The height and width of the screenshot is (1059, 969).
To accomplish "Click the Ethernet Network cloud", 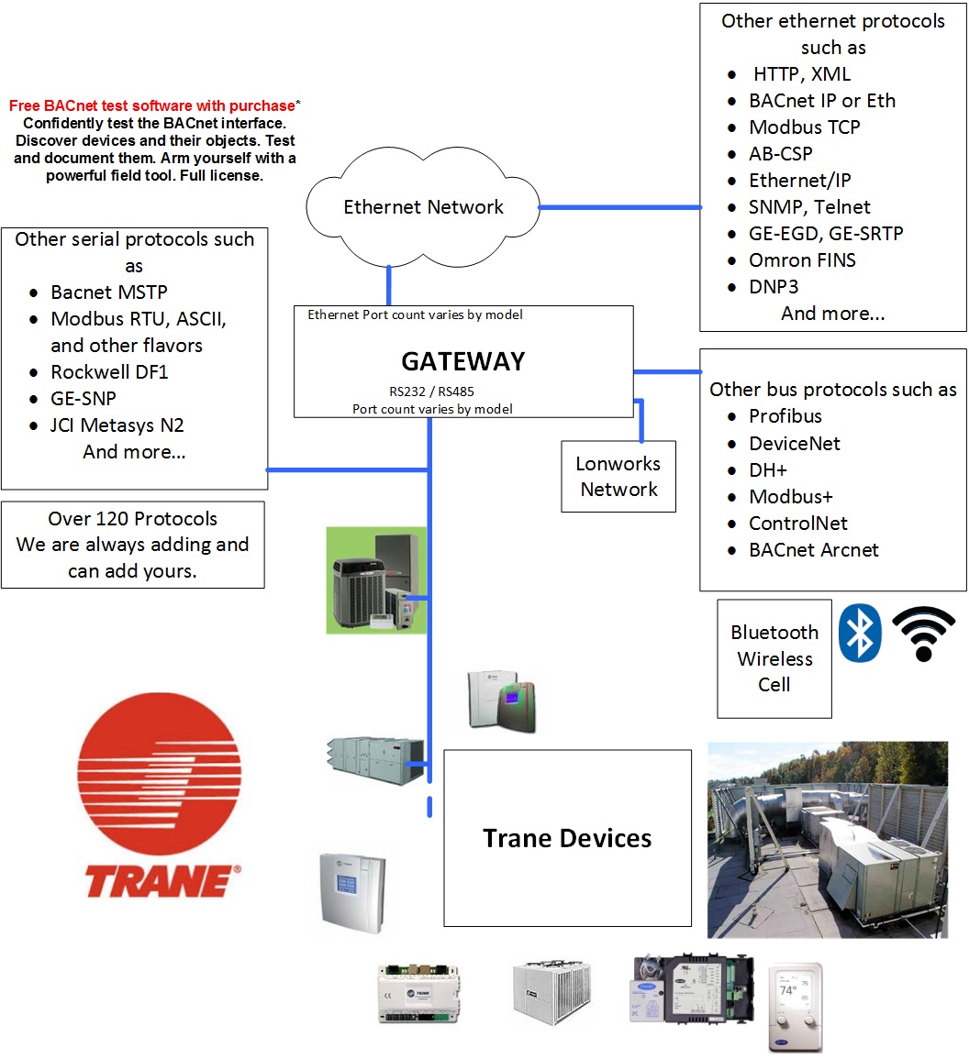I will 423,207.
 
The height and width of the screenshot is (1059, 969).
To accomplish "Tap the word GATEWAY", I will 462,361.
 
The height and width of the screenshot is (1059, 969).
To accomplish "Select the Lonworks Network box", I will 618,477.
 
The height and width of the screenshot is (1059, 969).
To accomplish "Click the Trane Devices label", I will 567,838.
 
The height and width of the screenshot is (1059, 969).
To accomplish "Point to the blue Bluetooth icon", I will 861,633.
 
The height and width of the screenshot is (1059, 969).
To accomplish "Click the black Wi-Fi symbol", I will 923,634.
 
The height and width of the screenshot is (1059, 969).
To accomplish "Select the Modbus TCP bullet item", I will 804,127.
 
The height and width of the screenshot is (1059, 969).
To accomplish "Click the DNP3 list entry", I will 774,287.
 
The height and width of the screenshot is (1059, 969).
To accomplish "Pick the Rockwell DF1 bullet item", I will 109,372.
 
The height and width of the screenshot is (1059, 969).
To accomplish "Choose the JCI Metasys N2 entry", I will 117,425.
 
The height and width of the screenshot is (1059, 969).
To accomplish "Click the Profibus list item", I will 785,416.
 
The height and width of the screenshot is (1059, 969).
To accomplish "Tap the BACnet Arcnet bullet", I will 813,550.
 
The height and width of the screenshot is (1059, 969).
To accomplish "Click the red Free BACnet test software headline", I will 152,106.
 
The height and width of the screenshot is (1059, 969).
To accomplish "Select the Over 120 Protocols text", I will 132,519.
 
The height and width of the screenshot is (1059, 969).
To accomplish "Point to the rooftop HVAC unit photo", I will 827,839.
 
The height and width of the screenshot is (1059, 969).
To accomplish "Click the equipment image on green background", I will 376,580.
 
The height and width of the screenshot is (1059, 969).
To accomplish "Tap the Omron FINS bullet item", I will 802,260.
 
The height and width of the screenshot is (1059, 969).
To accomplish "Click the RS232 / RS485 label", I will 431,392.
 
